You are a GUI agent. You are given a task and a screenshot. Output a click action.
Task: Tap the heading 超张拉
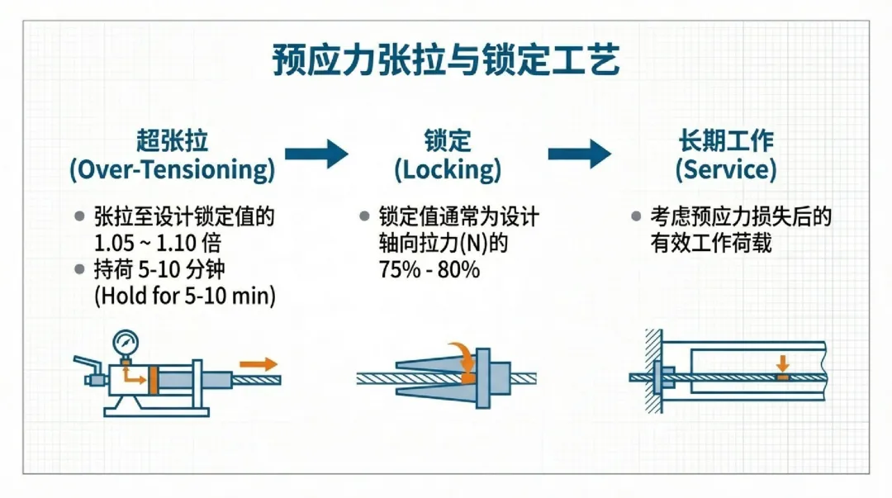172,140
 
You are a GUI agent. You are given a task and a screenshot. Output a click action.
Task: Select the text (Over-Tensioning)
172,170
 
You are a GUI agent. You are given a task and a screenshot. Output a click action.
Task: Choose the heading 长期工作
726,140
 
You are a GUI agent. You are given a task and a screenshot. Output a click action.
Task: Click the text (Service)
726,170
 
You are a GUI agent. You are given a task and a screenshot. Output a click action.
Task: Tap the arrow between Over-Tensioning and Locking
316,153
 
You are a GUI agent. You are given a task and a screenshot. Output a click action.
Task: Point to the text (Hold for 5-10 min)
185,295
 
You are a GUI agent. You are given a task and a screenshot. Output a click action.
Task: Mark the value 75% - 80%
429,269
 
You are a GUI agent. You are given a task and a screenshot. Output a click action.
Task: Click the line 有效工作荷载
711,244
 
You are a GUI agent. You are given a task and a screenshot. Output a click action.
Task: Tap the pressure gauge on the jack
127,341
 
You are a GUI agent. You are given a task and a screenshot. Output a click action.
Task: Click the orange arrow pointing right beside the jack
259,363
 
